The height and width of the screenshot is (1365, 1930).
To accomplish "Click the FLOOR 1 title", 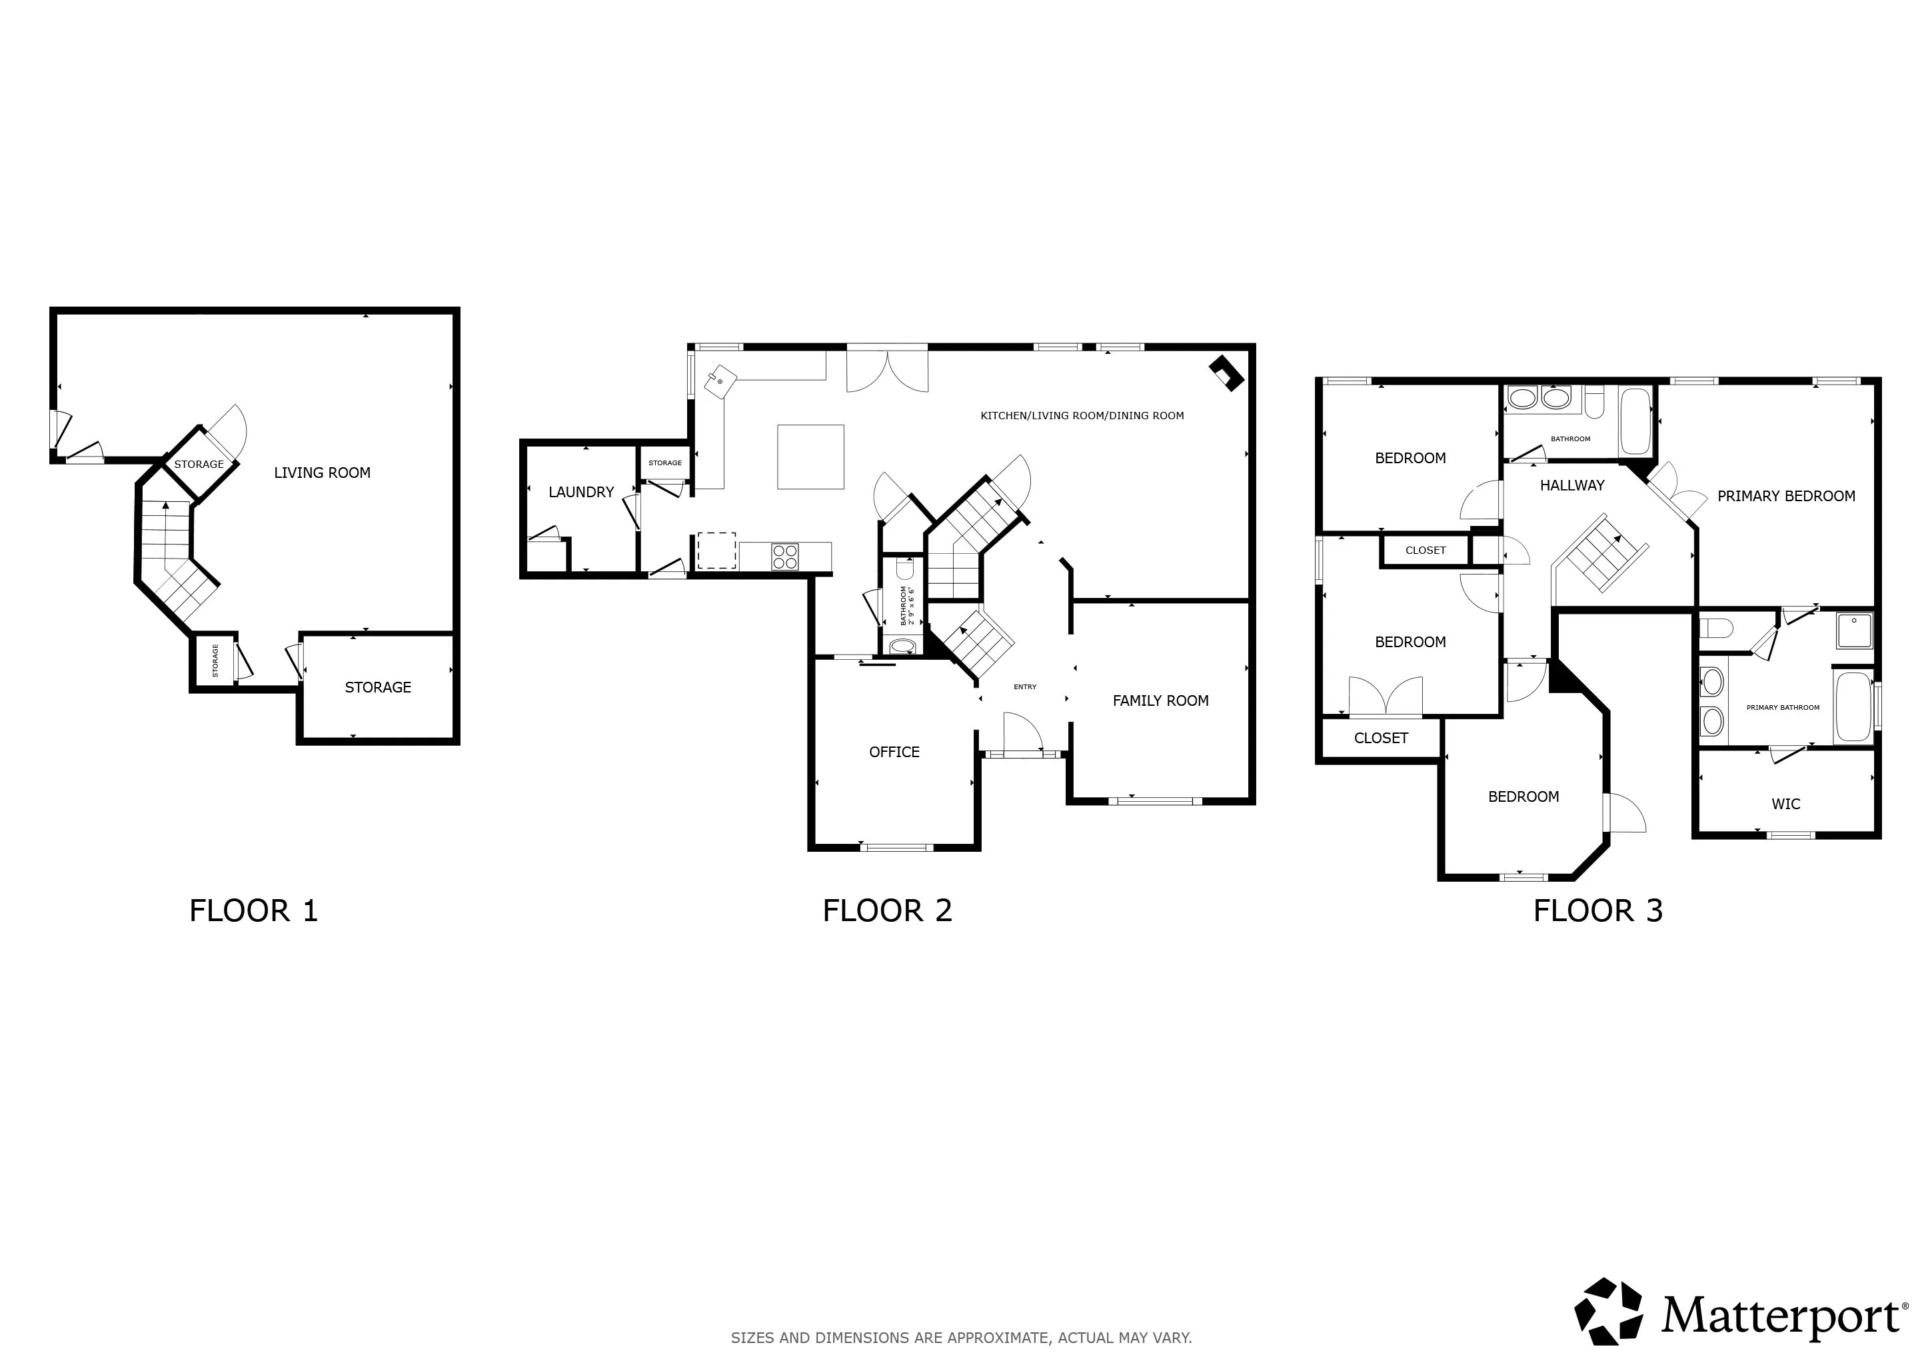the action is click(253, 911).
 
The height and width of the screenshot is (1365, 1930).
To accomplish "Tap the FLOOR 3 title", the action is click(1598, 911).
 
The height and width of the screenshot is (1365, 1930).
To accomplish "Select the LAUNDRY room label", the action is click(581, 493).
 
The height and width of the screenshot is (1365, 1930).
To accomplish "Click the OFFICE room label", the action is click(894, 752).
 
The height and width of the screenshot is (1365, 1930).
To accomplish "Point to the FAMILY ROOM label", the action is click(1161, 701).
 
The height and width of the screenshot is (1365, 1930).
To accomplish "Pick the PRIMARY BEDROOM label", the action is click(1786, 497).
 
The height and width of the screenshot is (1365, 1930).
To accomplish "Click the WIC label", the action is click(1785, 804).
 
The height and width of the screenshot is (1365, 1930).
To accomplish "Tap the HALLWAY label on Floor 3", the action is click(1572, 486).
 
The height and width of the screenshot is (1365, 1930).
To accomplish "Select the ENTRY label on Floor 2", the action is click(1025, 688).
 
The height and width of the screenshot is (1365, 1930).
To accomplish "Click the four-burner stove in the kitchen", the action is click(785, 557).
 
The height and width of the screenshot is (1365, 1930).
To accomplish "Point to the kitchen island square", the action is click(810, 457).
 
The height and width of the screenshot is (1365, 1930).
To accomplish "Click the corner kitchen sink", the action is click(720, 382).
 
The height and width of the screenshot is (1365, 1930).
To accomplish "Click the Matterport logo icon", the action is click(1608, 1311).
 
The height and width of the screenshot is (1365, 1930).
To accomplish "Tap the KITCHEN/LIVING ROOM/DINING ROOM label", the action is click(1082, 416).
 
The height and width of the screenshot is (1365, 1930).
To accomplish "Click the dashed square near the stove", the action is click(716, 551).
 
